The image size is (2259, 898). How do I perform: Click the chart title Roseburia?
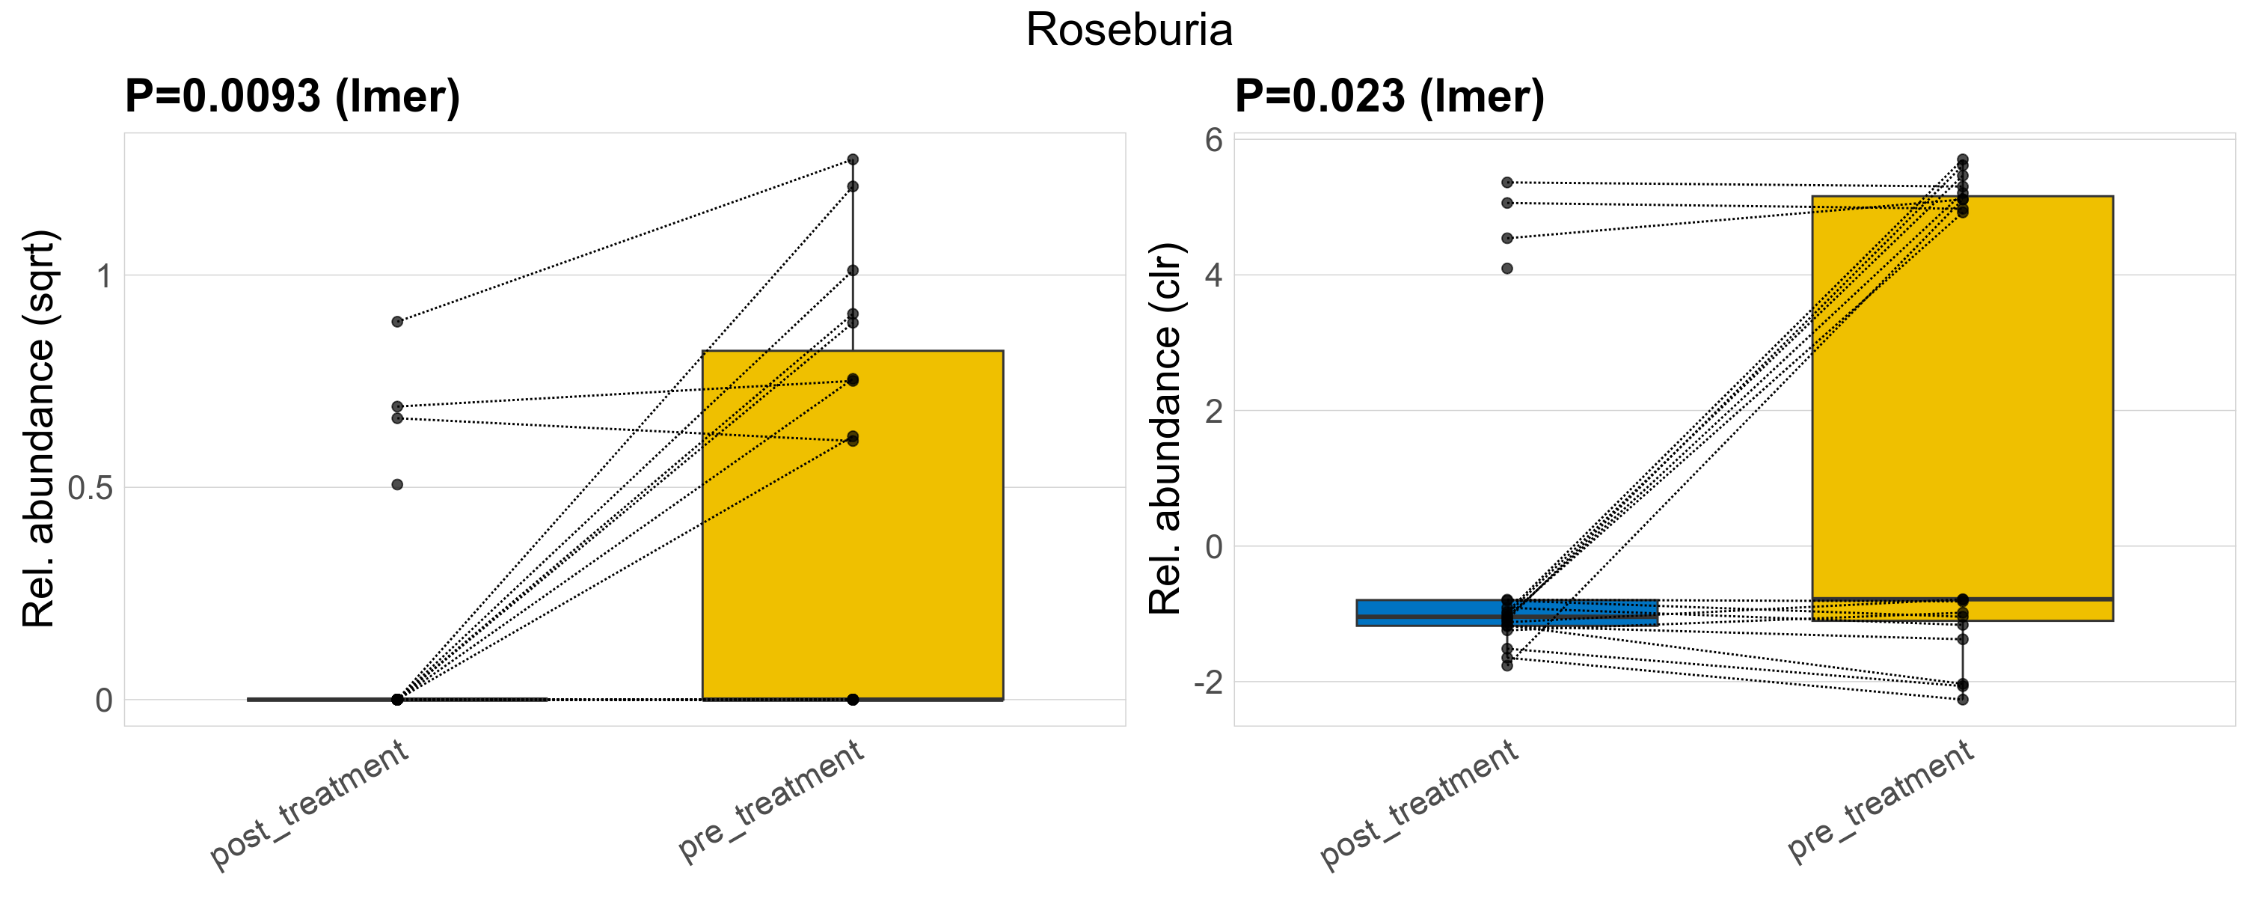pyautogui.click(x=1129, y=31)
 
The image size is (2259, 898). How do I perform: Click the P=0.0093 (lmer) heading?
pyautogui.click(x=292, y=97)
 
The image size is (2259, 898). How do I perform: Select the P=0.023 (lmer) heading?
pyautogui.click(x=1389, y=97)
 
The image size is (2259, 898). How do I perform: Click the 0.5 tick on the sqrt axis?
pyautogui.click(x=91, y=489)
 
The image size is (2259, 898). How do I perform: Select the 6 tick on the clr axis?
pyautogui.click(x=1214, y=139)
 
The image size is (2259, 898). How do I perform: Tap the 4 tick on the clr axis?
pyautogui.click(x=1214, y=275)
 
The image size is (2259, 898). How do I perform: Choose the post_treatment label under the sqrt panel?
pyautogui.click(x=310, y=804)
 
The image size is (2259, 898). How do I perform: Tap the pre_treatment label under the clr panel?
pyautogui.click(x=1881, y=800)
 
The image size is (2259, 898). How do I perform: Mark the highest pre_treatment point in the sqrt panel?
pyautogui.click(x=853, y=159)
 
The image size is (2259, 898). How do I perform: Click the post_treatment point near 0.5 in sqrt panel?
pyautogui.click(x=397, y=484)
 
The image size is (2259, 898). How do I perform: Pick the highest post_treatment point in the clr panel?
pyautogui.click(x=1507, y=183)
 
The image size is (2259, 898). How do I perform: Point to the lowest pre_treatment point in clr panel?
pyautogui.click(x=1963, y=700)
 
